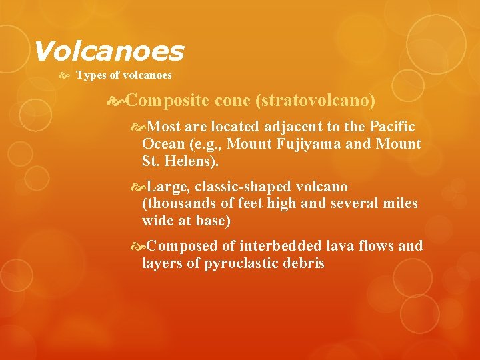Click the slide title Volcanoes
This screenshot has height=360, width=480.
(x=108, y=51)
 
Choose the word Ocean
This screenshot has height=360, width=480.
(x=161, y=143)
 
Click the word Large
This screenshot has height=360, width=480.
(x=168, y=187)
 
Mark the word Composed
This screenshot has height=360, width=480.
(x=178, y=247)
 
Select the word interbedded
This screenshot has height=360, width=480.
(x=280, y=247)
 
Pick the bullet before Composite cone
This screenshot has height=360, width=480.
(x=117, y=101)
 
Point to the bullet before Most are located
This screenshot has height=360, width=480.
(x=139, y=127)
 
